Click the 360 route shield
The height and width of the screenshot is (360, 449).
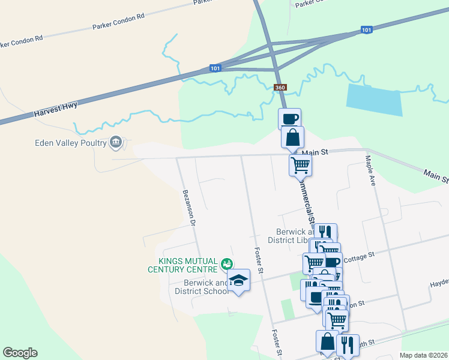pos(280,88)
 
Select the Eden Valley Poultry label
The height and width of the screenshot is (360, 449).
pos(69,143)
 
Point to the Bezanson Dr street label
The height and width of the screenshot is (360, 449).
pos(190,209)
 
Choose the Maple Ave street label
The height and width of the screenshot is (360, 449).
pos(369,171)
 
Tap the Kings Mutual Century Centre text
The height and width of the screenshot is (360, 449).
pos(184,265)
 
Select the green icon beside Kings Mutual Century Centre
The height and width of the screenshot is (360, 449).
pos(226,263)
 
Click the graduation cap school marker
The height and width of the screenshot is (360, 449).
pos(239,280)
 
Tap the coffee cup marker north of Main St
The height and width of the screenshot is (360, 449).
pos(290,118)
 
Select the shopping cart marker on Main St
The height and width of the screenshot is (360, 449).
pos(300,164)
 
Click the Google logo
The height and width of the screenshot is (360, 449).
pos(20,353)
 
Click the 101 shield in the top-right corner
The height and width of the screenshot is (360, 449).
pos(367,29)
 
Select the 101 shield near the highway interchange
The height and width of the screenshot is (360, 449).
pos(215,68)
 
